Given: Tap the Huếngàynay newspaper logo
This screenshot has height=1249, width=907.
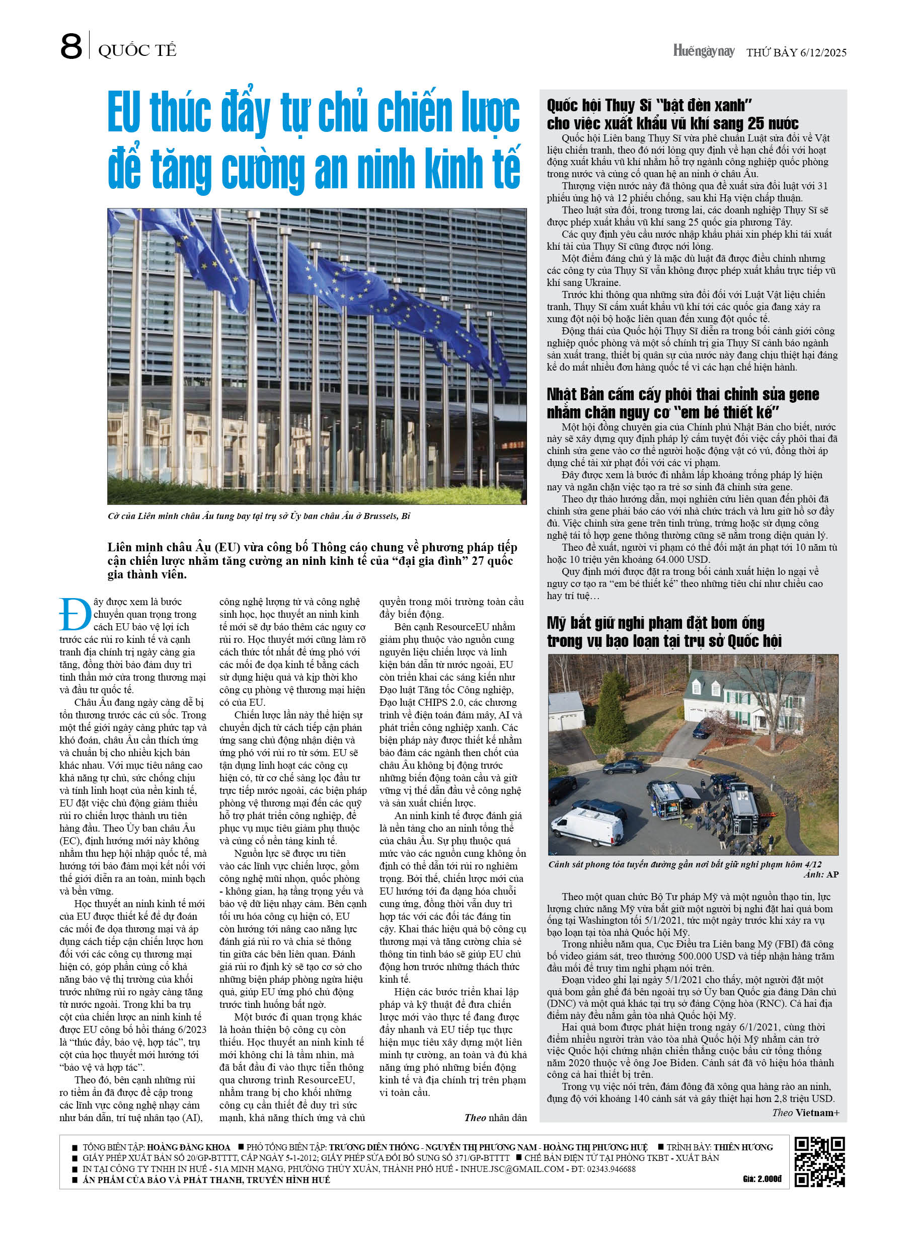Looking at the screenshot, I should pos(703,51).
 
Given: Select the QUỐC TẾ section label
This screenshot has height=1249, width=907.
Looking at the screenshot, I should pos(137,51).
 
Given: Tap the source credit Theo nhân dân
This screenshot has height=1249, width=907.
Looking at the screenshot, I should pos(495,1118).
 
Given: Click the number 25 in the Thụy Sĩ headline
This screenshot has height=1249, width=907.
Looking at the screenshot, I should pos(759,123).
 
